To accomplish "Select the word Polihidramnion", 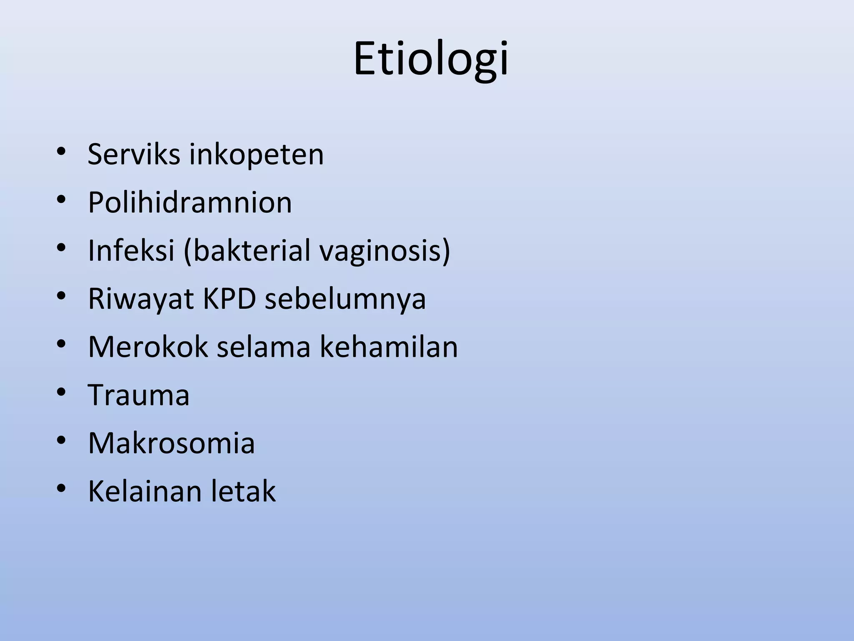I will (x=190, y=203).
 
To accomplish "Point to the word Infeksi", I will (x=131, y=250).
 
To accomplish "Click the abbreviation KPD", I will (x=229, y=299).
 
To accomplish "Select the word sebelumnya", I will (x=345, y=299).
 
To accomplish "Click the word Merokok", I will (x=148, y=347).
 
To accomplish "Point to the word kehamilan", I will (x=389, y=347).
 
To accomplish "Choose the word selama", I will (x=264, y=347).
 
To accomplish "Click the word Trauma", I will (x=138, y=395).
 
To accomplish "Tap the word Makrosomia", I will (x=171, y=443).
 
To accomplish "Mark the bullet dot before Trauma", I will (x=61, y=392).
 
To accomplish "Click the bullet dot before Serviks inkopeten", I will (x=61, y=151).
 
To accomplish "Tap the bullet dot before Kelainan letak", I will (x=61, y=488).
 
